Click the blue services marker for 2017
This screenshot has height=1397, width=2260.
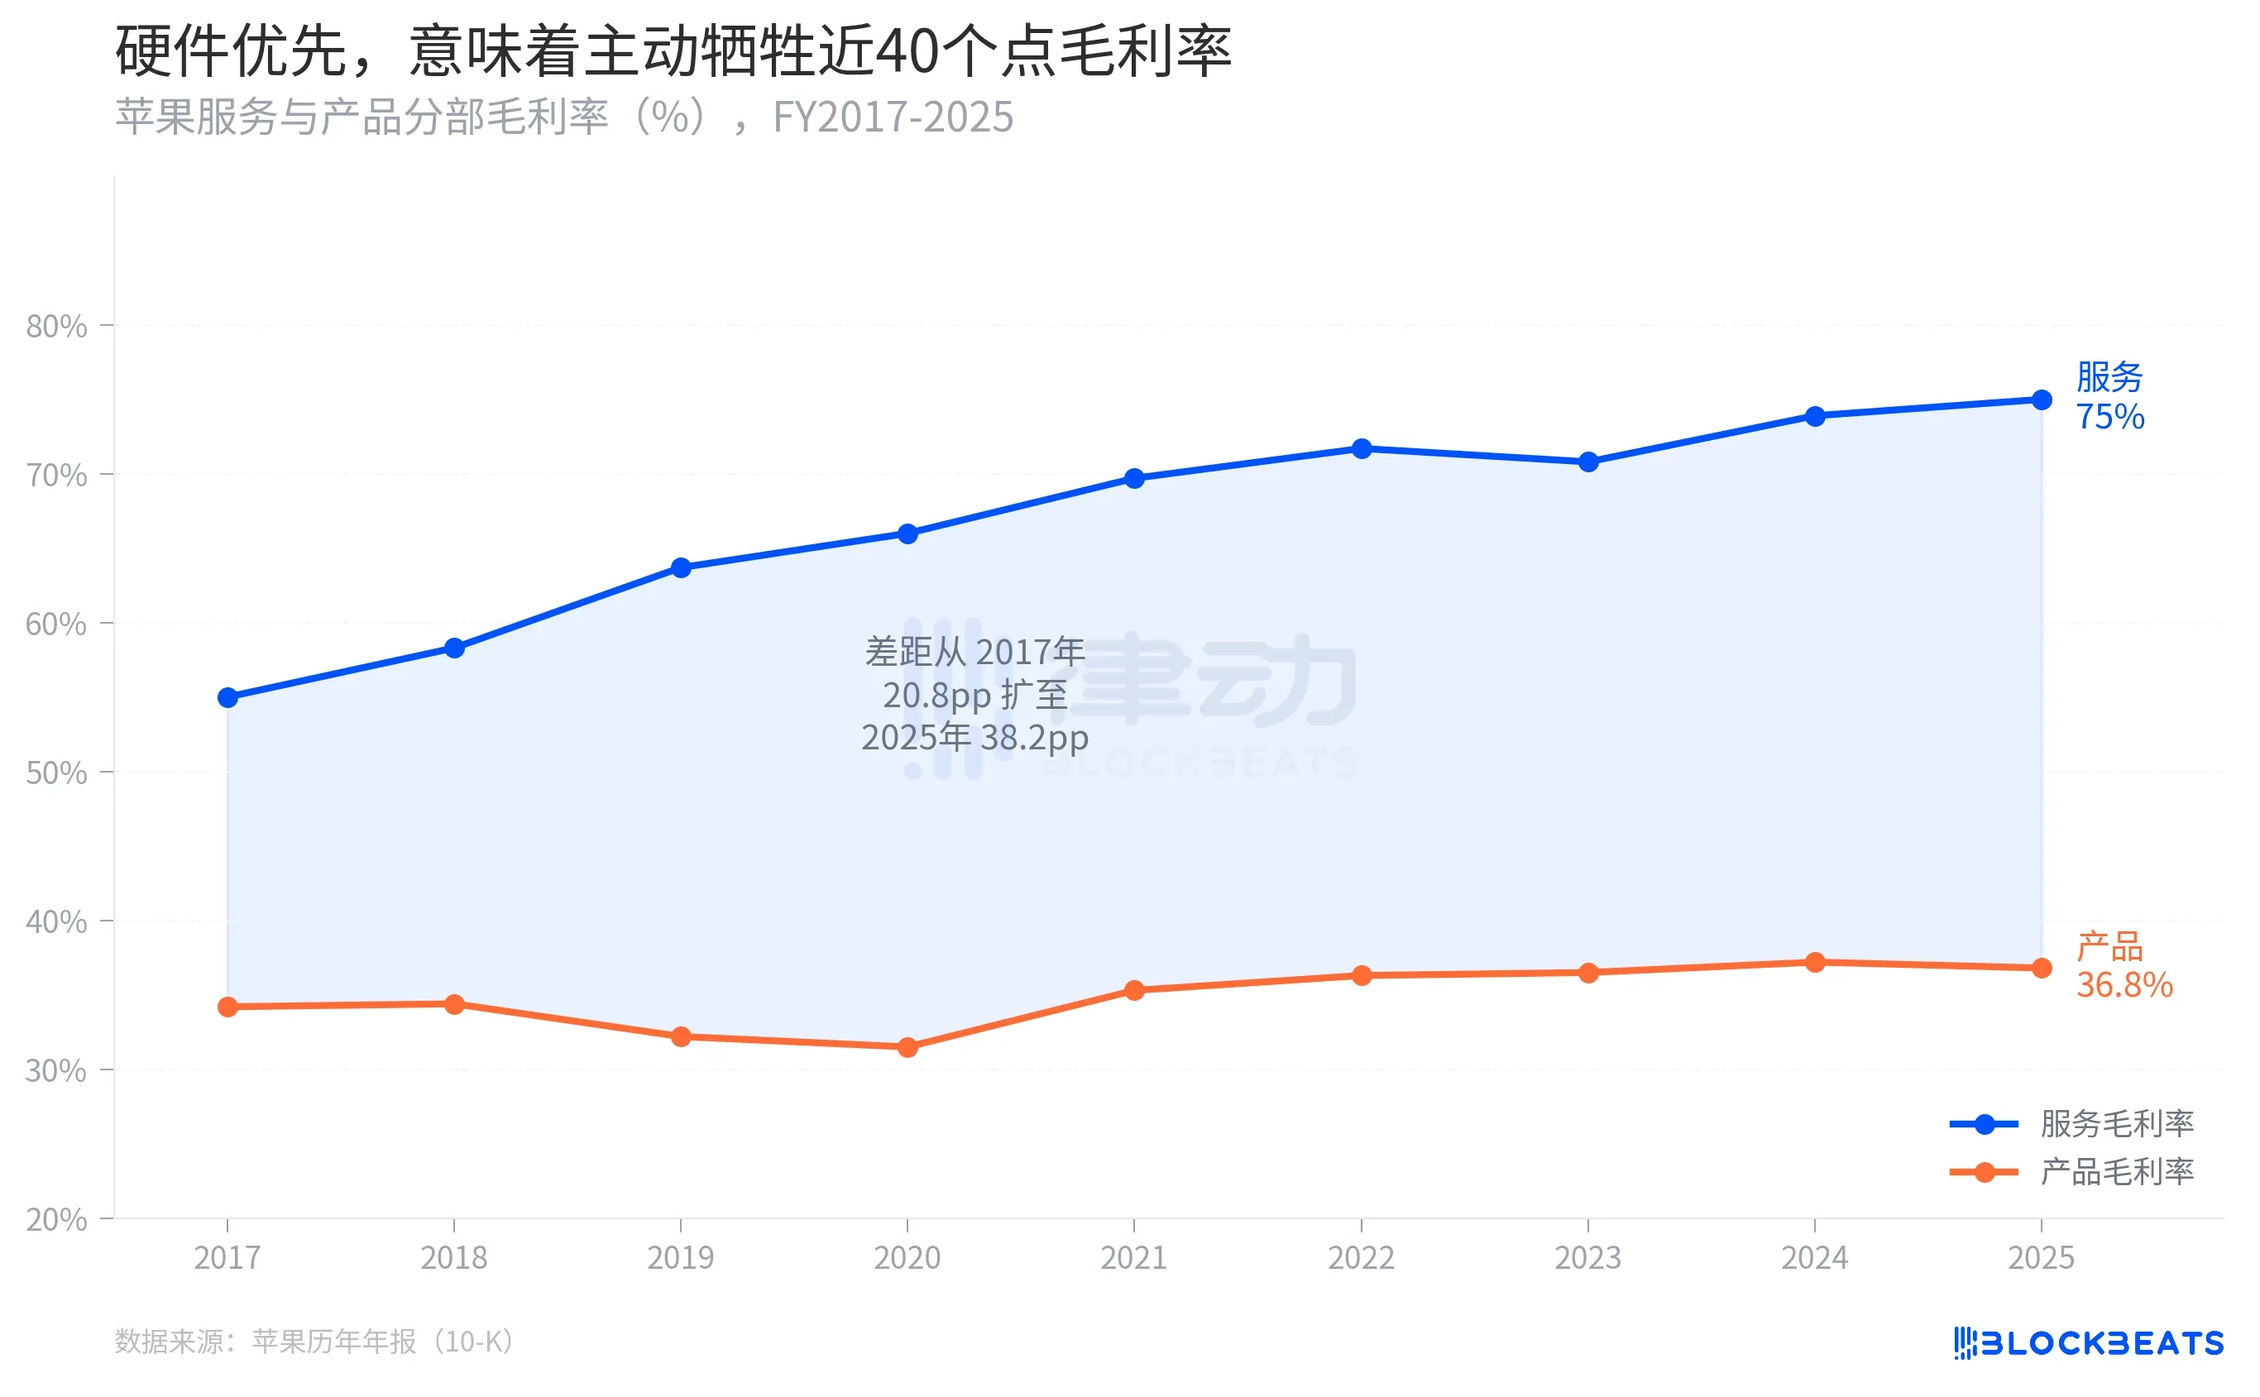(227, 697)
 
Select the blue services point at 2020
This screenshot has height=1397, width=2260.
(907, 534)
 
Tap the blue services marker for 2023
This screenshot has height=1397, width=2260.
(1587, 462)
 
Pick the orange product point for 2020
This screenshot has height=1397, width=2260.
(907, 1047)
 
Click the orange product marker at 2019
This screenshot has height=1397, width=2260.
(681, 1036)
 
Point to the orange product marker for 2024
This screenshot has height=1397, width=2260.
(1815, 963)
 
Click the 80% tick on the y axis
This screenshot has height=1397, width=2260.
(56, 326)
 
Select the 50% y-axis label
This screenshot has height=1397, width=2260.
(56, 773)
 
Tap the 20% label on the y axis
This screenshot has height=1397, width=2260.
(56, 1220)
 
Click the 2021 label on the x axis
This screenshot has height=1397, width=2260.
(1133, 1257)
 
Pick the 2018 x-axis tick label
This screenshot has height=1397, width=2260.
(453, 1257)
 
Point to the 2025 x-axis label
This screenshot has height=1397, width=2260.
(2041, 1257)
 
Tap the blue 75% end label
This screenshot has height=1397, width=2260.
(2109, 417)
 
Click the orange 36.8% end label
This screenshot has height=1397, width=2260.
(2124, 985)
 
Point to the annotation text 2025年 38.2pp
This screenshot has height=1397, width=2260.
(974, 737)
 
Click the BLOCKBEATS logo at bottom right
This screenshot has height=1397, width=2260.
(2088, 1342)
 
